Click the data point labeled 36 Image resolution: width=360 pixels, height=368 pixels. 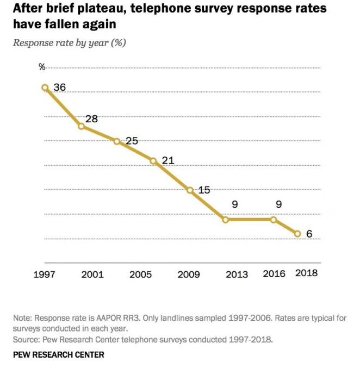tap(45, 88)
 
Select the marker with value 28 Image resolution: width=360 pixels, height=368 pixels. tap(81, 126)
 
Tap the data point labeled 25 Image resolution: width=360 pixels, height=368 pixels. tap(117, 141)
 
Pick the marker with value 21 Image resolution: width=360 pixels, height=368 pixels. tap(153, 161)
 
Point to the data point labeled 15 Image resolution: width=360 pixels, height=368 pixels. tap(190, 190)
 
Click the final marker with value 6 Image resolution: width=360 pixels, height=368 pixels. tap(297, 234)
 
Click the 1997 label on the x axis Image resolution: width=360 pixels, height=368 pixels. tap(44, 274)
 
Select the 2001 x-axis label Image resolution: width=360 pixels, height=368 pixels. tap(92, 274)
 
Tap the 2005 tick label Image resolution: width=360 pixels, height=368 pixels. tap(140, 274)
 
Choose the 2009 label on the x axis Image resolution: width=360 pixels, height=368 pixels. tap(189, 274)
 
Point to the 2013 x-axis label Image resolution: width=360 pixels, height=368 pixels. tap(237, 274)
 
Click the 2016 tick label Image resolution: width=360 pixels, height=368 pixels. tap(274, 273)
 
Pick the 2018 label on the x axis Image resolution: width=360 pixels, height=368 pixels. tap(306, 273)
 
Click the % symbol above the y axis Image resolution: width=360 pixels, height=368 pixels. tap(42, 67)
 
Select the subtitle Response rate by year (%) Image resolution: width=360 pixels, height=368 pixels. tap(69, 43)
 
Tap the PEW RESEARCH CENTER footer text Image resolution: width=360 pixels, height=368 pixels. tap(58, 354)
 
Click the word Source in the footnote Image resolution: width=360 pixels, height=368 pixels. tap(25, 340)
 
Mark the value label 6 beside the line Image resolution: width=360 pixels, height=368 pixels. tap(309, 235)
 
